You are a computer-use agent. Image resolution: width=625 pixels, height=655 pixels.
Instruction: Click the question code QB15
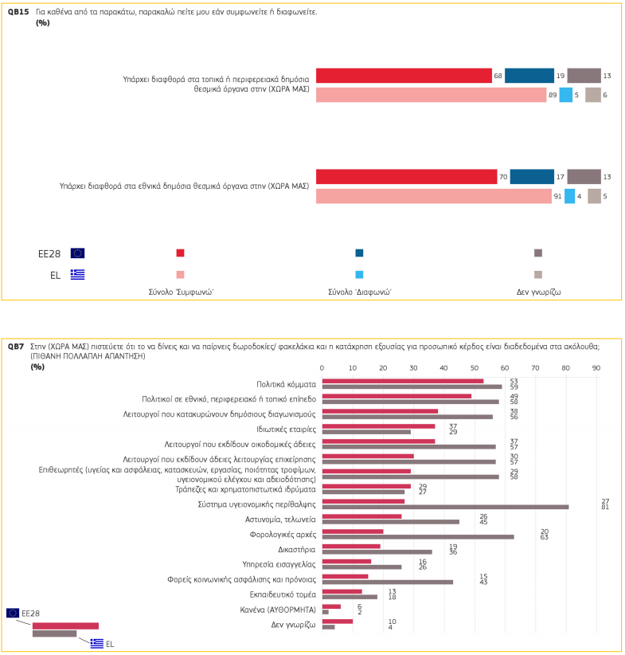point(18,12)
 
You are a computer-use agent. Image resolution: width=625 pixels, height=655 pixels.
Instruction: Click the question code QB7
point(16,347)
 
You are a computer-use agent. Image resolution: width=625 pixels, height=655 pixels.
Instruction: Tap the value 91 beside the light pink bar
point(557,196)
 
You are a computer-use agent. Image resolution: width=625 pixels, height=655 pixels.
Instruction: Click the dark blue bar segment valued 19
point(529,76)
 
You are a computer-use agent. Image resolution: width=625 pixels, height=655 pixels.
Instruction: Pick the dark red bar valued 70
point(406,177)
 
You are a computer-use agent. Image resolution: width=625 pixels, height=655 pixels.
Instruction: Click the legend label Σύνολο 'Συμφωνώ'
point(181,292)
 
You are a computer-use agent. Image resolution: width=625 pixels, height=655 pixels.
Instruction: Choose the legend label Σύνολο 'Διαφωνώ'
point(359,292)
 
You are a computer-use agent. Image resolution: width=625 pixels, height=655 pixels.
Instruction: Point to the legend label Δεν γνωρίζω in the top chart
point(539,292)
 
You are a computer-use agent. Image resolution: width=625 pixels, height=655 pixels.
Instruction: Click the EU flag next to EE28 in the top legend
point(77,253)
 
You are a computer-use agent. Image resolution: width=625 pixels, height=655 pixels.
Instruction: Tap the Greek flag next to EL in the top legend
point(77,274)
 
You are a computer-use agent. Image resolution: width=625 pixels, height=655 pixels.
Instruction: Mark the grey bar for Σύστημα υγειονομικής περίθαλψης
point(445,507)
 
